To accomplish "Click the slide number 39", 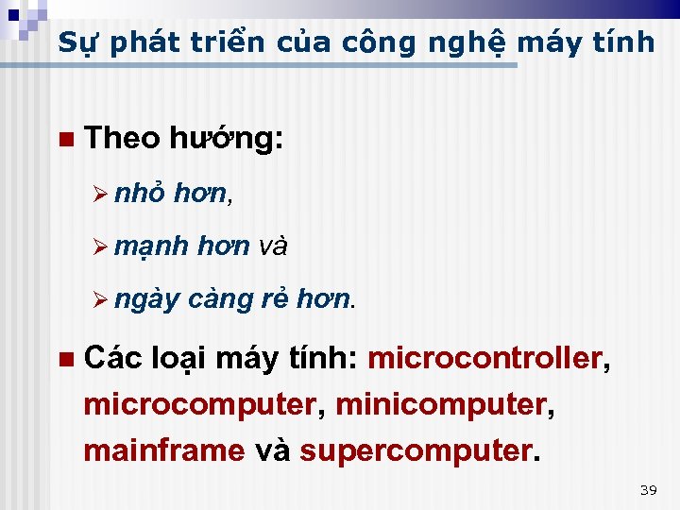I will coord(648,489).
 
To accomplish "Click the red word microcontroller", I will coord(484,359).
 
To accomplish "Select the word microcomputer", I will coord(198,405).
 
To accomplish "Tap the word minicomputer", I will coord(440,405).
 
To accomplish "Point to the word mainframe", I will coord(163,450).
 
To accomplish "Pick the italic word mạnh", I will coord(152,247).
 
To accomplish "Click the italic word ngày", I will coord(147,300).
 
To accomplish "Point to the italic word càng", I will coord(217,300).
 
